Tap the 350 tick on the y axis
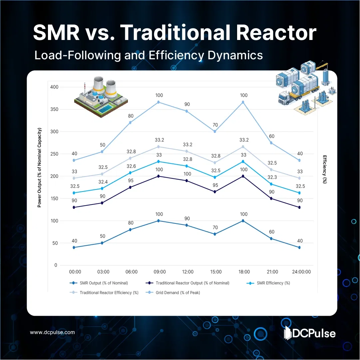pyautogui.click(x=54, y=109)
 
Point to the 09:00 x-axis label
pyautogui.click(x=160, y=272)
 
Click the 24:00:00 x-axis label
pyautogui.click(x=299, y=272)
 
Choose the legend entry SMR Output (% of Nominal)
pyautogui.click(x=104, y=283)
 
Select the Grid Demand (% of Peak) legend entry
pyautogui.click(x=178, y=293)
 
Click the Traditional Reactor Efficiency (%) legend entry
pyautogui.click(x=109, y=293)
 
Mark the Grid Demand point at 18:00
pyautogui.click(x=243, y=102)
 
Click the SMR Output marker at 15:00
pyautogui.click(x=215, y=234)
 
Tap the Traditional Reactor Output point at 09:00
pyautogui.click(x=159, y=176)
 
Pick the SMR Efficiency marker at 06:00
pyautogui.click(x=130, y=173)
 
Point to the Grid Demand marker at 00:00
pyautogui.click(x=74, y=160)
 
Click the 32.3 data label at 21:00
pyautogui.click(x=272, y=178)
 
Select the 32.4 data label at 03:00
pyautogui.click(x=102, y=182)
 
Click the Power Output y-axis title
pyautogui.click(x=39, y=168)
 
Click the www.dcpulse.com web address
pyautogui.click(x=52, y=332)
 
